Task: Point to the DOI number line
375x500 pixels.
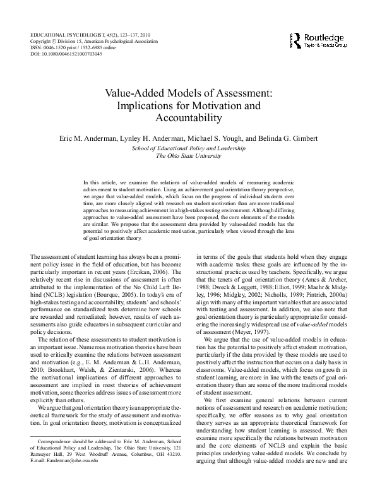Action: tap(66, 54)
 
